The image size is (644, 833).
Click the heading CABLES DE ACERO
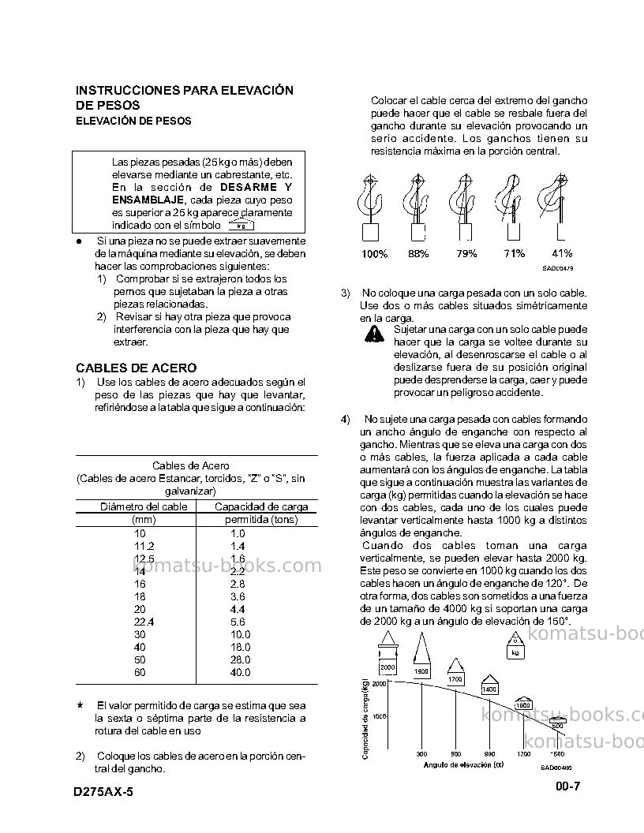(136, 368)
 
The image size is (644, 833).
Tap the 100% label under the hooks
(375, 254)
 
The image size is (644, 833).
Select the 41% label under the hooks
(562, 253)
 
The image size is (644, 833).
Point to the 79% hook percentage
(466, 254)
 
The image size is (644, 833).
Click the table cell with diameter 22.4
(144, 622)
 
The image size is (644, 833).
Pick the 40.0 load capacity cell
(240, 673)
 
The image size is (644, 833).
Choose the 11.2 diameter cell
(144, 546)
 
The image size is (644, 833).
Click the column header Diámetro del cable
(144, 506)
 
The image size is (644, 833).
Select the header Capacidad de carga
(261, 506)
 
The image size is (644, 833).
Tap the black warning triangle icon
(375, 334)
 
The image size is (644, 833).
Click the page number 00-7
(568, 786)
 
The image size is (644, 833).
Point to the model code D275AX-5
(103, 792)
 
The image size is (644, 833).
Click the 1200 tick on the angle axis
(524, 754)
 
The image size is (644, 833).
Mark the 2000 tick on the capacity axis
(379, 684)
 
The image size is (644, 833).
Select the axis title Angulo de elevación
(464, 765)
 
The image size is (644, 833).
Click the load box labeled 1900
(421, 671)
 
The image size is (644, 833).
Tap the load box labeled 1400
(489, 689)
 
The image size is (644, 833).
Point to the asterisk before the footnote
(80, 706)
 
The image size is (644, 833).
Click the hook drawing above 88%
(417, 207)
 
